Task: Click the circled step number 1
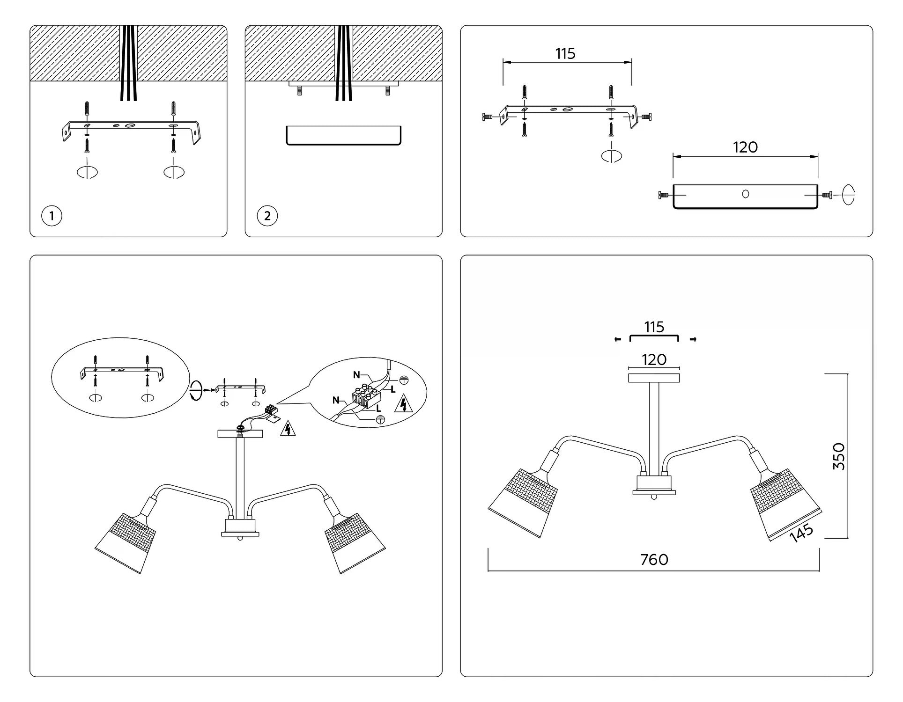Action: click(52, 216)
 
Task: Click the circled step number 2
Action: click(267, 216)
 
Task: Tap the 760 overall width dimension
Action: click(654, 559)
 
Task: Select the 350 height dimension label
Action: click(839, 456)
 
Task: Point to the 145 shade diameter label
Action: click(801, 533)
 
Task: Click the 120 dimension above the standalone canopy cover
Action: click(745, 147)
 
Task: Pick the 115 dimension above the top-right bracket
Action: click(565, 54)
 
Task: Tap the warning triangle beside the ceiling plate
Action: click(288, 428)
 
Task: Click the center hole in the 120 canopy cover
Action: click(745, 194)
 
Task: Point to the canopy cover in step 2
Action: click(343, 135)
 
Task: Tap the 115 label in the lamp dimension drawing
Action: click(654, 327)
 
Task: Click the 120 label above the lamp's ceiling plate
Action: click(654, 359)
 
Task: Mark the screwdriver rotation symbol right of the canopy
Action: click(848, 195)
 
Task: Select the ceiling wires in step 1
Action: click(128, 63)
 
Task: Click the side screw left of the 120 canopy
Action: click(663, 195)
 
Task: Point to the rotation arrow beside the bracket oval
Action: click(196, 390)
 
